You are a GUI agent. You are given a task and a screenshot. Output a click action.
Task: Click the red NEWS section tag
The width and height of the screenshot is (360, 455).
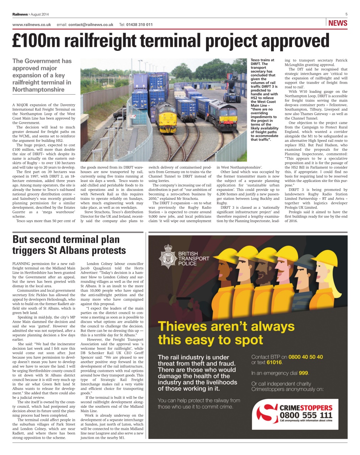pos(338,23)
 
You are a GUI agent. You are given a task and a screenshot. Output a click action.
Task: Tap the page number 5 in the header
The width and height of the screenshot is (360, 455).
pos(346,14)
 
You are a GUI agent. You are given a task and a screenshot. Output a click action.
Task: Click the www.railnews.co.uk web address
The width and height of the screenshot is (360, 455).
pos(32,25)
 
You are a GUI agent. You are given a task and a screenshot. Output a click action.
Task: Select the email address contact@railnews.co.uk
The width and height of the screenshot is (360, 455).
pos(91,25)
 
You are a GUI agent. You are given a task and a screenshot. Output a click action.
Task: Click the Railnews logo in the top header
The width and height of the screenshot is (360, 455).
pos(20,14)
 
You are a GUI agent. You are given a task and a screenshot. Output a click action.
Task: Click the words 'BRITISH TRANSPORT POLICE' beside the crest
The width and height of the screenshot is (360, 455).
pos(194,258)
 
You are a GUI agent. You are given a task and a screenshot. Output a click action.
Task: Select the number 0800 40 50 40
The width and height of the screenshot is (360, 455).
pos(306,357)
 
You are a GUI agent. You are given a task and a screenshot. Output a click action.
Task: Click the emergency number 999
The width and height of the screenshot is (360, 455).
pos(303,373)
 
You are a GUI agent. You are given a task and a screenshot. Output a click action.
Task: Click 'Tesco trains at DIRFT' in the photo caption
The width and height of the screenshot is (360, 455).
pos(263,62)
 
